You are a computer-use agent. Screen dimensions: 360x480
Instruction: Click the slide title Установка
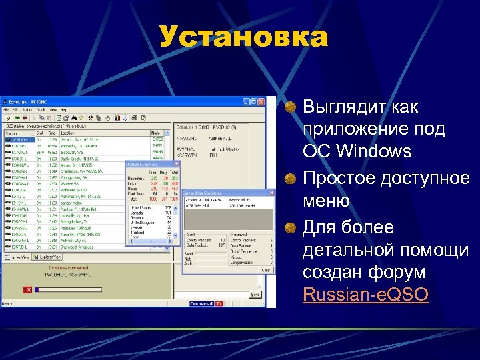point(244,37)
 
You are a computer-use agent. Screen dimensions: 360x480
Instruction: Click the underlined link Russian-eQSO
point(365,294)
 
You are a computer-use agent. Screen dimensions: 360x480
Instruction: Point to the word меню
point(325,201)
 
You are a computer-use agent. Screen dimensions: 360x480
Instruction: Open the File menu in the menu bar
point(6,109)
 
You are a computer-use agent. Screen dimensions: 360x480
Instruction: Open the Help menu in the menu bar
point(64,109)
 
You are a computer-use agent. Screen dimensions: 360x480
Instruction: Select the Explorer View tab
point(47,256)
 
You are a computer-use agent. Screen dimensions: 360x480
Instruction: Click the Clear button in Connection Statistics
point(264,270)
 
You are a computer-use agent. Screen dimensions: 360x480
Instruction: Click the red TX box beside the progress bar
point(27,290)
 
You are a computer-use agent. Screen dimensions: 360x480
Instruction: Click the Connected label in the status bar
point(200,303)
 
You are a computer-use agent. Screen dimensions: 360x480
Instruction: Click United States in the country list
point(141,207)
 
